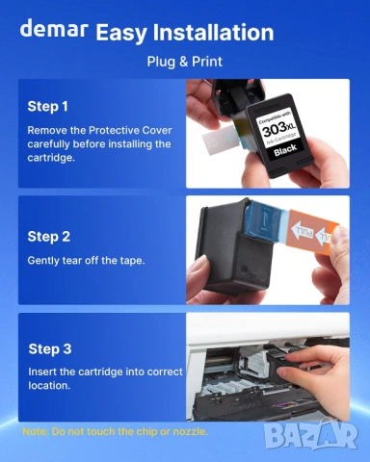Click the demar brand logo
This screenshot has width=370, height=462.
click(x=54, y=28)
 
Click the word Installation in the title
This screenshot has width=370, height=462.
click(x=213, y=33)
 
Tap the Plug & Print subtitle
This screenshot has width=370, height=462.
click(x=184, y=62)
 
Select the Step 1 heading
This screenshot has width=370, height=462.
click(x=47, y=107)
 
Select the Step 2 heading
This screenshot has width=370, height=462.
click(x=49, y=237)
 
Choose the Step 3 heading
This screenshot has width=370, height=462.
click(x=50, y=349)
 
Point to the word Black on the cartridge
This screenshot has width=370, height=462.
click(x=285, y=150)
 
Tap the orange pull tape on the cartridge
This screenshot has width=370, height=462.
click(x=313, y=232)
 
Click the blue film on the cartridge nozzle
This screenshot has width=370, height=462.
click(x=267, y=221)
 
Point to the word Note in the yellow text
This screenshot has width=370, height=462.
click(x=35, y=431)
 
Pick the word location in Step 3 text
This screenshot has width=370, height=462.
click(x=49, y=385)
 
